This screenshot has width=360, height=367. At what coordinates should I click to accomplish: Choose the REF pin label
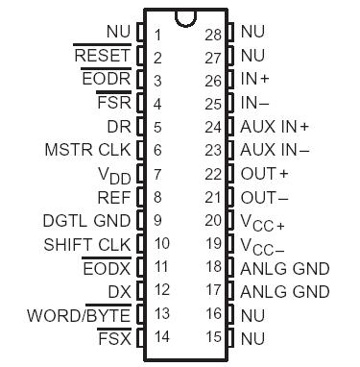tap(115, 197)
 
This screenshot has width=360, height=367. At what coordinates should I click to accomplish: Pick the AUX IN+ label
tap(275, 127)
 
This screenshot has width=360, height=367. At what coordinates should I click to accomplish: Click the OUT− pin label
tap(264, 197)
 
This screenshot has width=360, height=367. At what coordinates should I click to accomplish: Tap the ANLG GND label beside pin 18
tap(284, 267)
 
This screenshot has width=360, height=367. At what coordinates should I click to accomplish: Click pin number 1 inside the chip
tap(156, 35)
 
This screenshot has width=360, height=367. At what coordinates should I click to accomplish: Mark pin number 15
tap(213, 336)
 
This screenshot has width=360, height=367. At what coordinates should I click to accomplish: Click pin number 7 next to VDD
tap(156, 174)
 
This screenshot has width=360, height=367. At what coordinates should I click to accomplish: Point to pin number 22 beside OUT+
tap(213, 174)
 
